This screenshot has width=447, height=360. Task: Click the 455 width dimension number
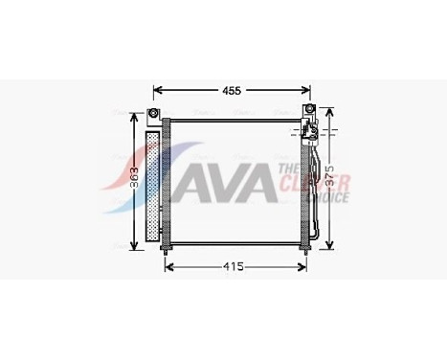tap(232, 90)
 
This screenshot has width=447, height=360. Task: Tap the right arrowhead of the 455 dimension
tap(307, 91)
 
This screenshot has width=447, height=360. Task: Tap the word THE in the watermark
tap(285, 169)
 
